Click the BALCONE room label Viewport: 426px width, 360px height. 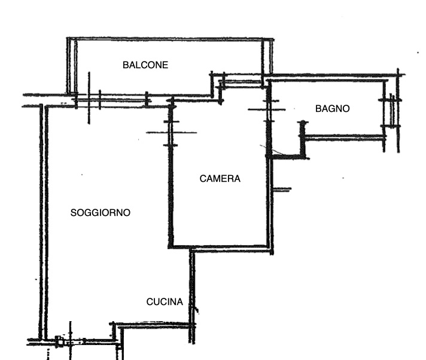[145, 65]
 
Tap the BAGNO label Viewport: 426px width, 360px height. [332, 109]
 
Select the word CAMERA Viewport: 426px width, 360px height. [220, 178]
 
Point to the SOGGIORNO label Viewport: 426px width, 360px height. [101, 212]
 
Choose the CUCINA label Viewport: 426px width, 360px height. [165, 302]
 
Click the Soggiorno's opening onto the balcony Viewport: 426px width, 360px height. [120, 100]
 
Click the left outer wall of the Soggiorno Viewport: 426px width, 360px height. [43, 221]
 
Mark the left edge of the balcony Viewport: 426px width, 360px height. [69, 66]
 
